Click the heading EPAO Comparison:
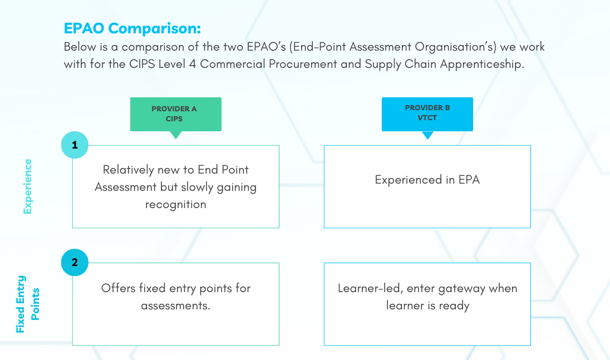pyautogui.click(x=132, y=28)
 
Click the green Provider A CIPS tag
pyautogui.click(x=175, y=114)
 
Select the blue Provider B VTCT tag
pyautogui.click(x=427, y=114)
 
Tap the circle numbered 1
pyautogui.click(x=75, y=146)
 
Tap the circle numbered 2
pyautogui.click(x=75, y=262)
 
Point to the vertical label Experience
pyautogui.click(x=27, y=186)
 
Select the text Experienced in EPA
pyautogui.click(x=427, y=180)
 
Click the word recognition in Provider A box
pyautogui.click(x=175, y=204)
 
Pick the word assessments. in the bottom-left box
pyautogui.click(x=175, y=305)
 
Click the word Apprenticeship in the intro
pyautogui.click(x=482, y=64)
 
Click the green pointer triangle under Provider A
pyautogui.click(x=176, y=135)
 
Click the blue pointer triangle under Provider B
pyautogui.click(x=427, y=135)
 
